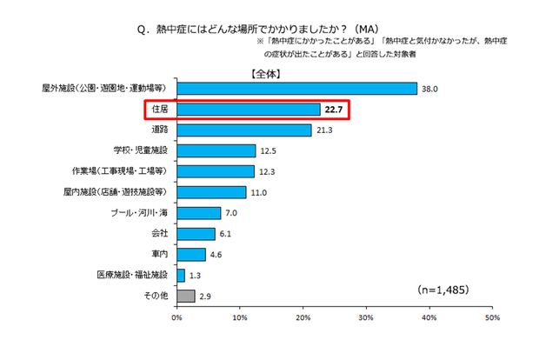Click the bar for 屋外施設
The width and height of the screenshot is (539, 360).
point(296,88)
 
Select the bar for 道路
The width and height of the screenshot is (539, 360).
point(243,130)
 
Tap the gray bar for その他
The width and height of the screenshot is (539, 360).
point(185,296)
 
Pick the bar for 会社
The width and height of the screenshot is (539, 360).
point(196,233)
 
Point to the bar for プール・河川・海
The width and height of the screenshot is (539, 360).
point(198,213)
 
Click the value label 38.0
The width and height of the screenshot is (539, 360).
point(429,88)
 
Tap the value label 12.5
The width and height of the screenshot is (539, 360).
point(268,150)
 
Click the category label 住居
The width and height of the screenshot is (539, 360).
point(158,110)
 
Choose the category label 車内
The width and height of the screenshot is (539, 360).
point(158,254)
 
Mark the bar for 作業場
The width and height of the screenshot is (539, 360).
point(216,171)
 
